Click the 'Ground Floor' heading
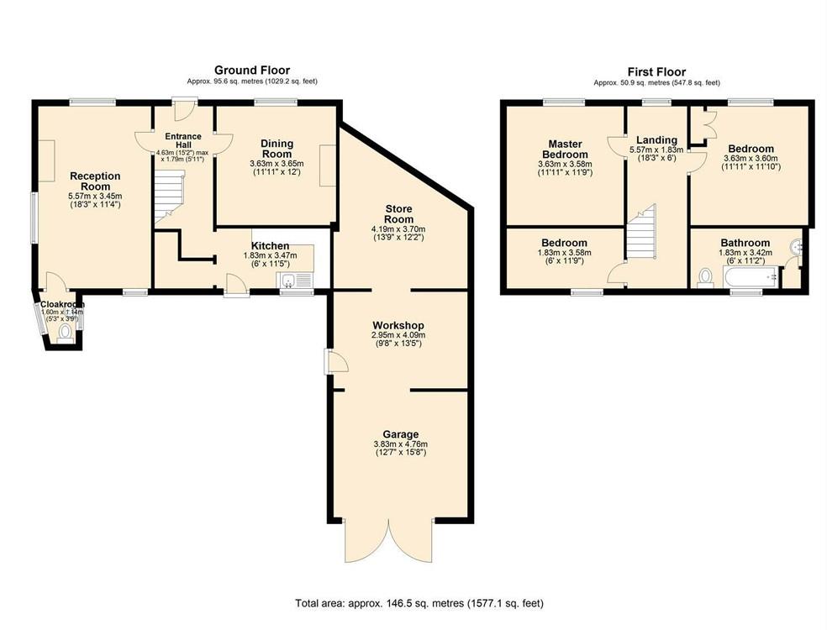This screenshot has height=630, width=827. click(252, 70)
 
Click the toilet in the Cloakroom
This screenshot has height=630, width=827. click(65, 332)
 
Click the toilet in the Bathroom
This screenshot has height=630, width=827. click(705, 277)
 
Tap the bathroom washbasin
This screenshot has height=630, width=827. click(797, 248)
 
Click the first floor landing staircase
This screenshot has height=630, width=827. click(641, 234)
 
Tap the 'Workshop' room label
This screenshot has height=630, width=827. click(399, 325)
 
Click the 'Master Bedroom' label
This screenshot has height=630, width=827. click(563, 149)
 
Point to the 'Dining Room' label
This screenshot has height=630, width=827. click(277, 149)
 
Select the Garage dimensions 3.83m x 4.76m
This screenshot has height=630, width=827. click(400, 444)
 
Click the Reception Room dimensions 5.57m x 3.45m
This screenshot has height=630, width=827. click(95, 196)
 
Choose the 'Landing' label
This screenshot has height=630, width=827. click(656, 140)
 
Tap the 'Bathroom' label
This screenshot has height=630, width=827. click(744, 243)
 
